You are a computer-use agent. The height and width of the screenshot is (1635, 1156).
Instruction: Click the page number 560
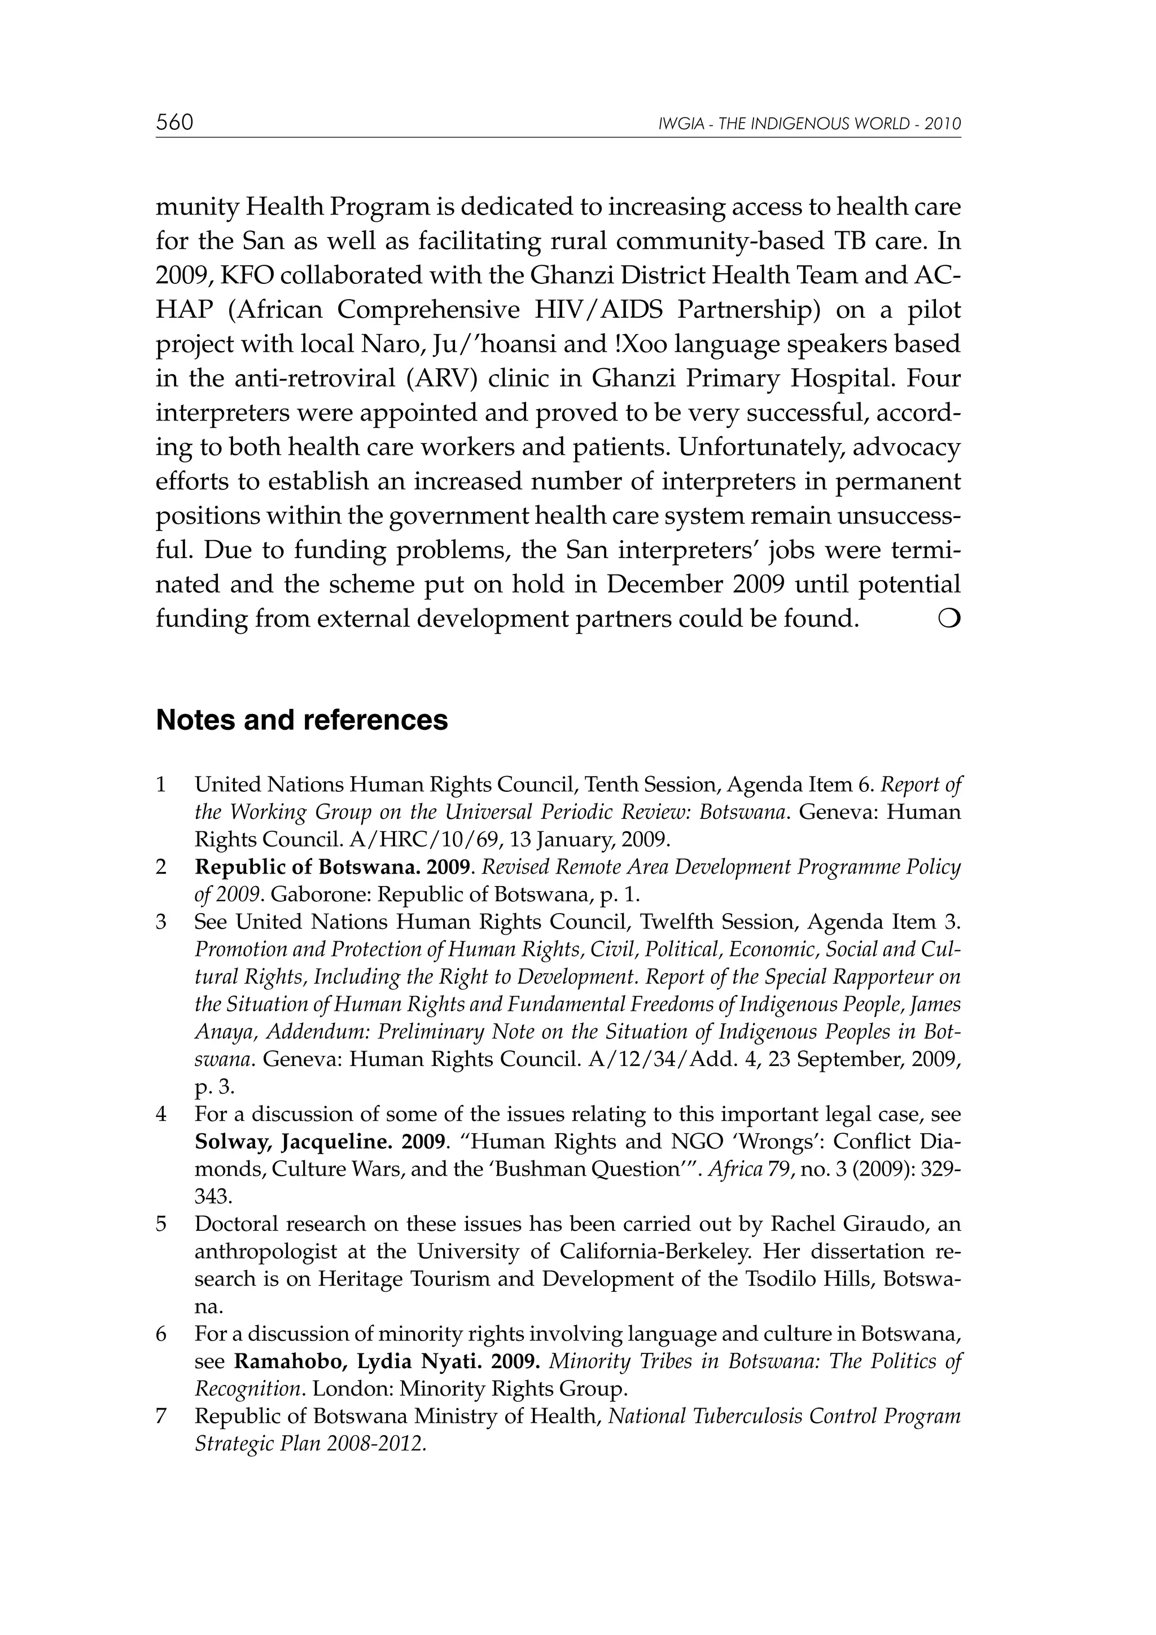click(x=174, y=122)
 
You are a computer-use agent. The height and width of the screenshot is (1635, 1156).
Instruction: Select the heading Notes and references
click(x=302, y=720)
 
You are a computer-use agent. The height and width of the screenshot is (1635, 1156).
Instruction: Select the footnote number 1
click(x=161, y=784)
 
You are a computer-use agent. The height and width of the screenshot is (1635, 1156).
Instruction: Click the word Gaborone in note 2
click(x=321, y=895)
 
